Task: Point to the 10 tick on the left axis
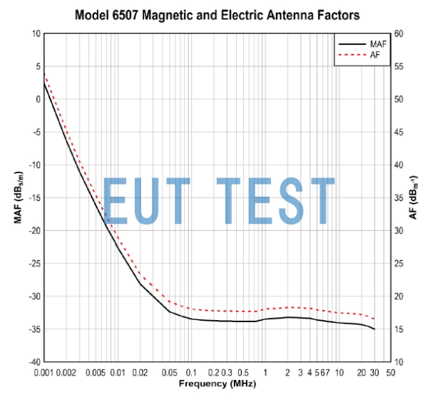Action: [35, 33]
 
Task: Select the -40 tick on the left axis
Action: [33, 362]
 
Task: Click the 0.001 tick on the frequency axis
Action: [44, 372]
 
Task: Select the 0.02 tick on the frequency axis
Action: [140, 372]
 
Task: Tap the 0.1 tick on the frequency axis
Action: [191, 372]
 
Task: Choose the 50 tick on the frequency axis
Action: [390, 372]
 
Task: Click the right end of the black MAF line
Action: [374, 329]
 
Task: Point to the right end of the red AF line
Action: [374, 319]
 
